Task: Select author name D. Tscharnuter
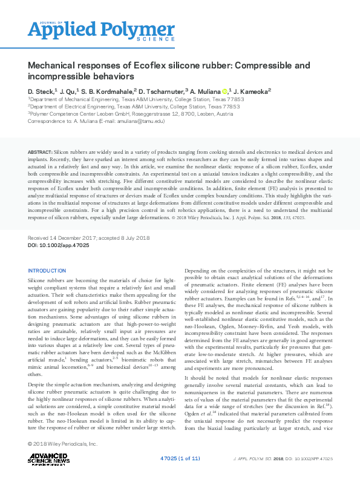tap(162, 90)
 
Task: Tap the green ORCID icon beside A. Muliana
tap(225, 91)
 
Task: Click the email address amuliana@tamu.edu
tap(139, 121)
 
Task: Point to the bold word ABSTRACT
tap(39, 150)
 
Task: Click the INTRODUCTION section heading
tap(47, 270)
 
